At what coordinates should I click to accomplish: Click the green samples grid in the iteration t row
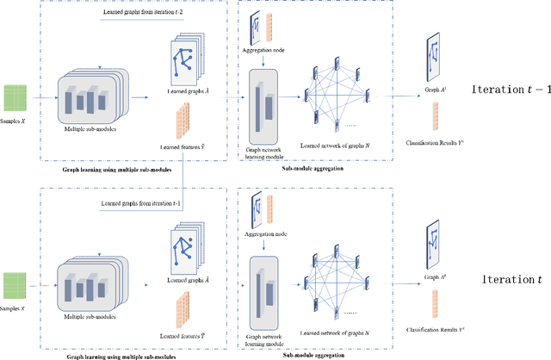click(x=16, y=283)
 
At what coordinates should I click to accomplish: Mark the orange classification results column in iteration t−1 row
click(x=432, y=115)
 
